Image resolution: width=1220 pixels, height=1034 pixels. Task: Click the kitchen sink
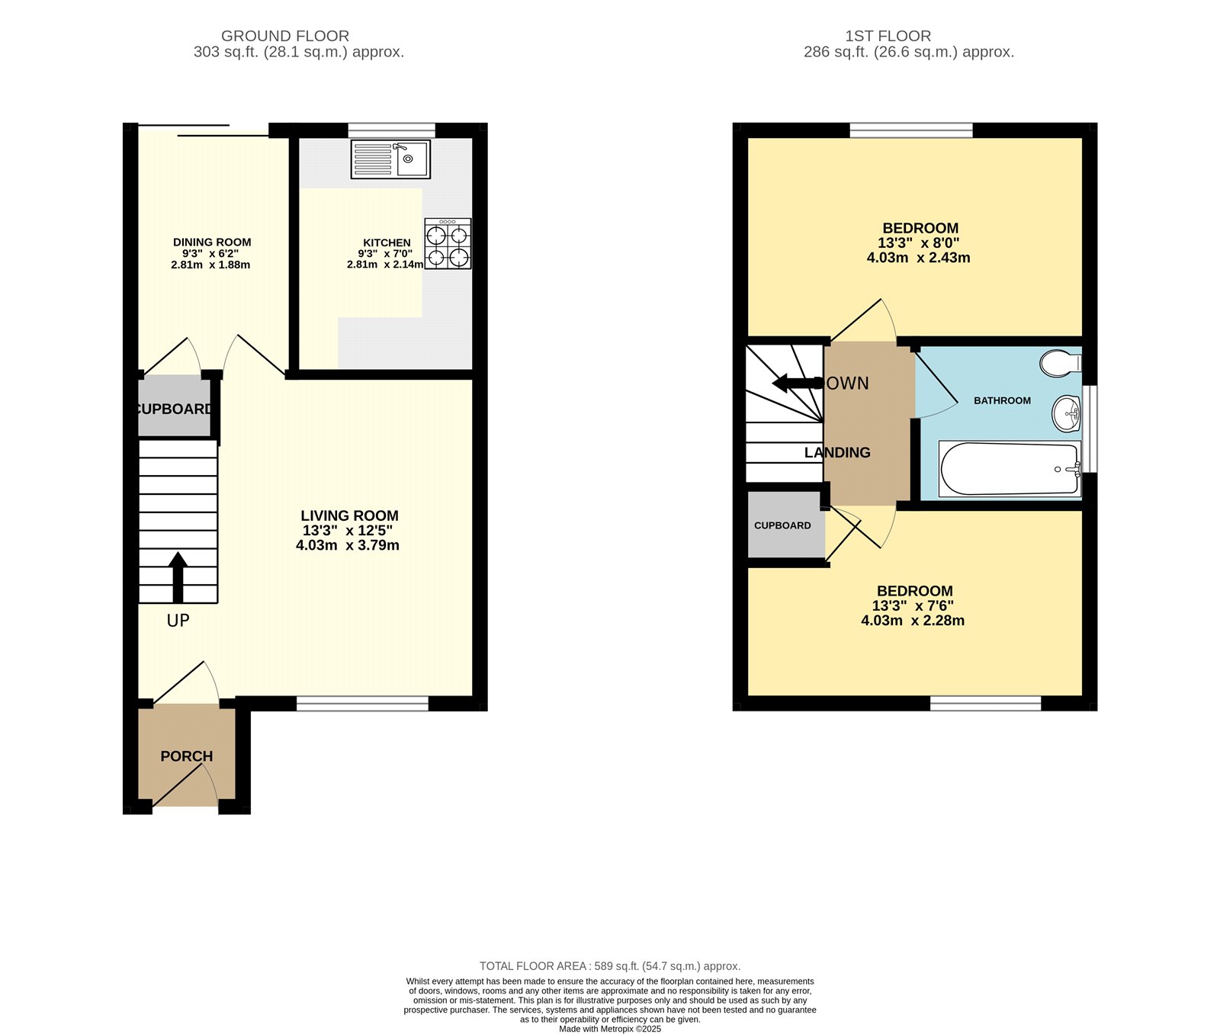tap(390, 159)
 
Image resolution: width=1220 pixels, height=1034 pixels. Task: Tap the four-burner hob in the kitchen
tap(448, 244)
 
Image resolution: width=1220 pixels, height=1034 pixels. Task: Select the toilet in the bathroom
tap(1059, 363)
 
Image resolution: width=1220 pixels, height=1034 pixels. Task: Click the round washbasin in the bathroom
tap(1066, 414)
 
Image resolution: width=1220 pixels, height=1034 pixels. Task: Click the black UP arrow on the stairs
tap(178, 577)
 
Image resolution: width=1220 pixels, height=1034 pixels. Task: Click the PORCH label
tap(186, 756)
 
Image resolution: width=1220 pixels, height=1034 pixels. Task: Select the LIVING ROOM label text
tap(349, 515)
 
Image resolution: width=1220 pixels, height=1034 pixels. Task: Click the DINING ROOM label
tap(212, 242)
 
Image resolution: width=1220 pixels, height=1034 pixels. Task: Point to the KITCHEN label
tap(387, 242)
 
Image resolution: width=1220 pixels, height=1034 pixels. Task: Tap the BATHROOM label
tap(1002, 400)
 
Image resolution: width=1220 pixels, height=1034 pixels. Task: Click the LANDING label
tap(837, 452)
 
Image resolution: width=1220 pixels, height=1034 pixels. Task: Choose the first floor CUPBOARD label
tap(782, 525)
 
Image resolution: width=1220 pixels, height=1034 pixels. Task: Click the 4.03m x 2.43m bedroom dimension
tap(918, 258)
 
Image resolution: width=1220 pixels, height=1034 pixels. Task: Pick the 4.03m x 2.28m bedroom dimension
tap(913, 621)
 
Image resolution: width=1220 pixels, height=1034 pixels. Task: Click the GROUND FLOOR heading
tap(285, 36)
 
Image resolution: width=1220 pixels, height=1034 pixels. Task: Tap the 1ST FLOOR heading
tap(888, 36)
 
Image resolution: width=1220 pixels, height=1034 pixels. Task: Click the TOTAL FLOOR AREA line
tap(610, 966)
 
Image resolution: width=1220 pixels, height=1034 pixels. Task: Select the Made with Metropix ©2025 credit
tap(610, 1029)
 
